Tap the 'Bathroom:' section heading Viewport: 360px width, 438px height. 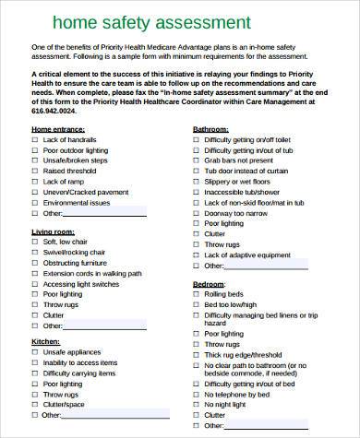[x=211, y=131]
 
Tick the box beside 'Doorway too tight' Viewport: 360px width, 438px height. [x=196, y=223]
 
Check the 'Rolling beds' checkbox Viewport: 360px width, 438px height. [x=196, y=294]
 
